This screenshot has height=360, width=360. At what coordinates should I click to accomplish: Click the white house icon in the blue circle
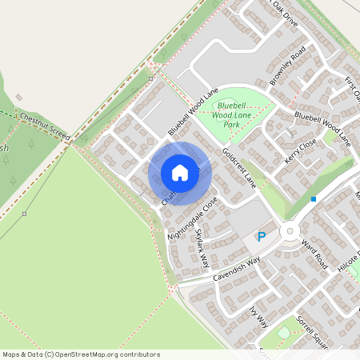point(180,173)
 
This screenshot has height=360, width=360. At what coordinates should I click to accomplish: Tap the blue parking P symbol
point(261,237)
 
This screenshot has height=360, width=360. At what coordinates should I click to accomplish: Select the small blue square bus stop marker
point(314,198)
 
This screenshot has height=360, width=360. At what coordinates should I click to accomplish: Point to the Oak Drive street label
point(285,13)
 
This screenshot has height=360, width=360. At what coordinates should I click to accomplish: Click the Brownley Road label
point(288,66)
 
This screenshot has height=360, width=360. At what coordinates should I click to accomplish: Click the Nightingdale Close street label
point(192,218)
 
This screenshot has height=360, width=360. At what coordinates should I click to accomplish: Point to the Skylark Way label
point(202,248)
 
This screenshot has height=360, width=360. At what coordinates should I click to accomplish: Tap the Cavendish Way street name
point(237,269)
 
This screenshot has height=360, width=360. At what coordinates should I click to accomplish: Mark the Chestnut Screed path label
point(45,127)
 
